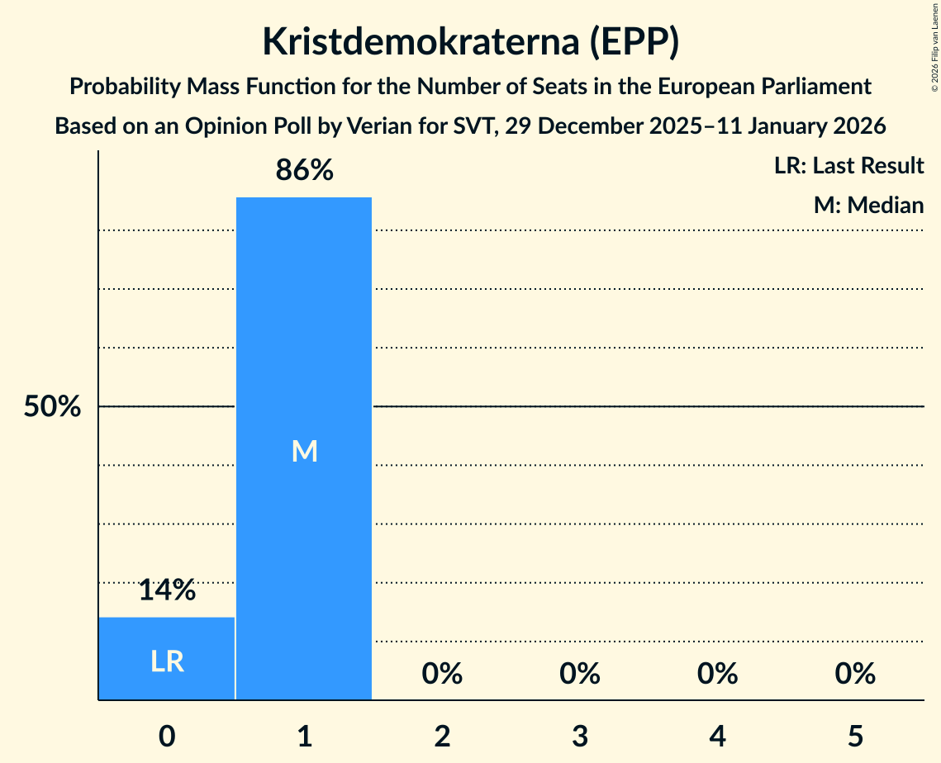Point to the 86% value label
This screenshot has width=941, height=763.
pos(304,171)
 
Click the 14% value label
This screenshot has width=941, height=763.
pos(167,590)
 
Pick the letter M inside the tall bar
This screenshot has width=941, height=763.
pos(304,451)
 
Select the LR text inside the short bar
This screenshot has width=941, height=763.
pos(167,661)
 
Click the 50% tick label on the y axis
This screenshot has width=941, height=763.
pos(52,407)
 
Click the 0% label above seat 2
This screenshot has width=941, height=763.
pos(442,675)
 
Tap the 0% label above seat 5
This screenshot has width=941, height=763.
pos(854,675)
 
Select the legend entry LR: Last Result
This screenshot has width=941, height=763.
pos(848,166)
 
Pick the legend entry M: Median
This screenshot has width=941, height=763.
pos(868,205)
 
